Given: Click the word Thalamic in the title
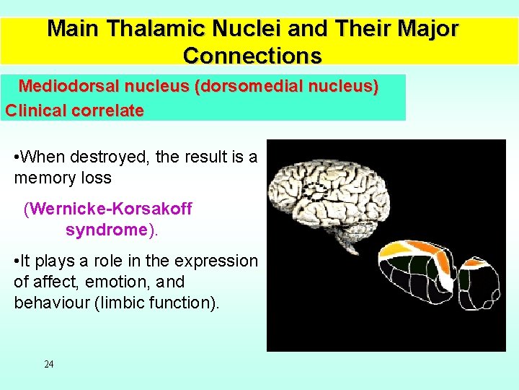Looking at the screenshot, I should tap(150, 29).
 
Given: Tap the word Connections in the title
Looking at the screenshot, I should tap(252, 55).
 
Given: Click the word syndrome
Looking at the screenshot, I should tap(106, 230).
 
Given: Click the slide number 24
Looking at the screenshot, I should tap(49, 364).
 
